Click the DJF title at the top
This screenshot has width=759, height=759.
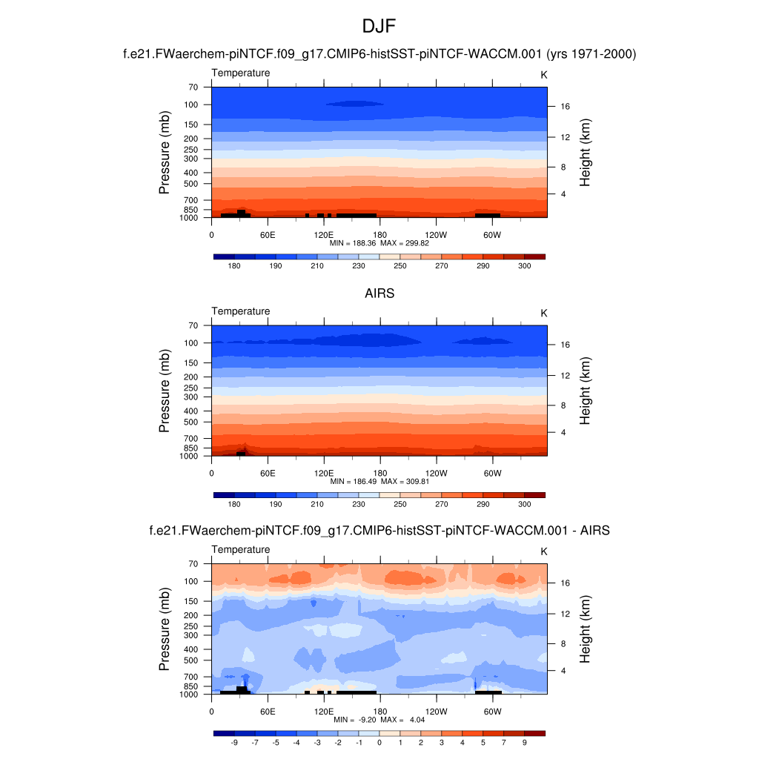(379, 27)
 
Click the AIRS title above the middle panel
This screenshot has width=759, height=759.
(379, 294)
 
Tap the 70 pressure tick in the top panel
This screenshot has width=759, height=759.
(192, 87)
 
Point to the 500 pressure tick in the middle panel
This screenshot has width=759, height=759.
(190, 422)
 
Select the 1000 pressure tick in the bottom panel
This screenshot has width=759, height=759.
(189, 695)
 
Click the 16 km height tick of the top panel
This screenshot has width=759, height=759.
(564, 107)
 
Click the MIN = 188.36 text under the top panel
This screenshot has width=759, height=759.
(354, 242)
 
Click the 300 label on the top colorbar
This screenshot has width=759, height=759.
(524, 265)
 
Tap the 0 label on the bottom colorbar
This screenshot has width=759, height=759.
(379, 742)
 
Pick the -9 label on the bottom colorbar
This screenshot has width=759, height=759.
(234, 742)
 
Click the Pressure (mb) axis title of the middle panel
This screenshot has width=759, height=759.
(165, 391)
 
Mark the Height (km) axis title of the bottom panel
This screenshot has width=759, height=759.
(585, 629)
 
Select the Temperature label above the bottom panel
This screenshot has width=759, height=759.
(241, 549)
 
